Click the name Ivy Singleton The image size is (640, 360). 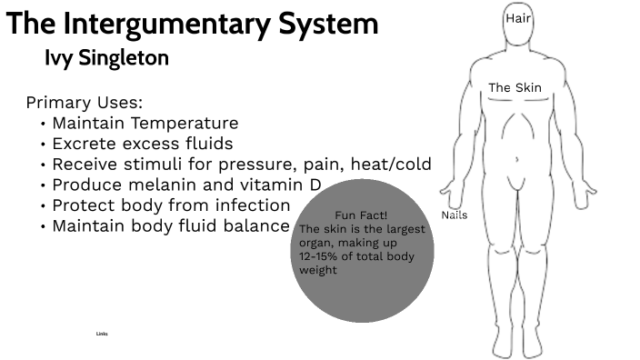(x=106, y=58)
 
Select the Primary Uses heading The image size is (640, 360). (x=85, y=103)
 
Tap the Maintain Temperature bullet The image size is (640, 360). (x=145, y=123)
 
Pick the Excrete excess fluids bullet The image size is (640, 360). (x=142, y=144)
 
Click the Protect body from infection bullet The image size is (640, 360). (x=171, y=205)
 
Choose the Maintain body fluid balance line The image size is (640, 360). (x=170, y=226)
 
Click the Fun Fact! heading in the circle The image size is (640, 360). (x=361, y=215)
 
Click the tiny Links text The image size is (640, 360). (x=102, y=334)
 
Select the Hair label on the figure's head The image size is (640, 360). (x=518, y=18)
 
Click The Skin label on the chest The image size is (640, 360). (x=515, y=88)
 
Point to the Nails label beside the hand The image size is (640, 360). (x=454, y=215)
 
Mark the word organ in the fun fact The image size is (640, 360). (x=315, y=243)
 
